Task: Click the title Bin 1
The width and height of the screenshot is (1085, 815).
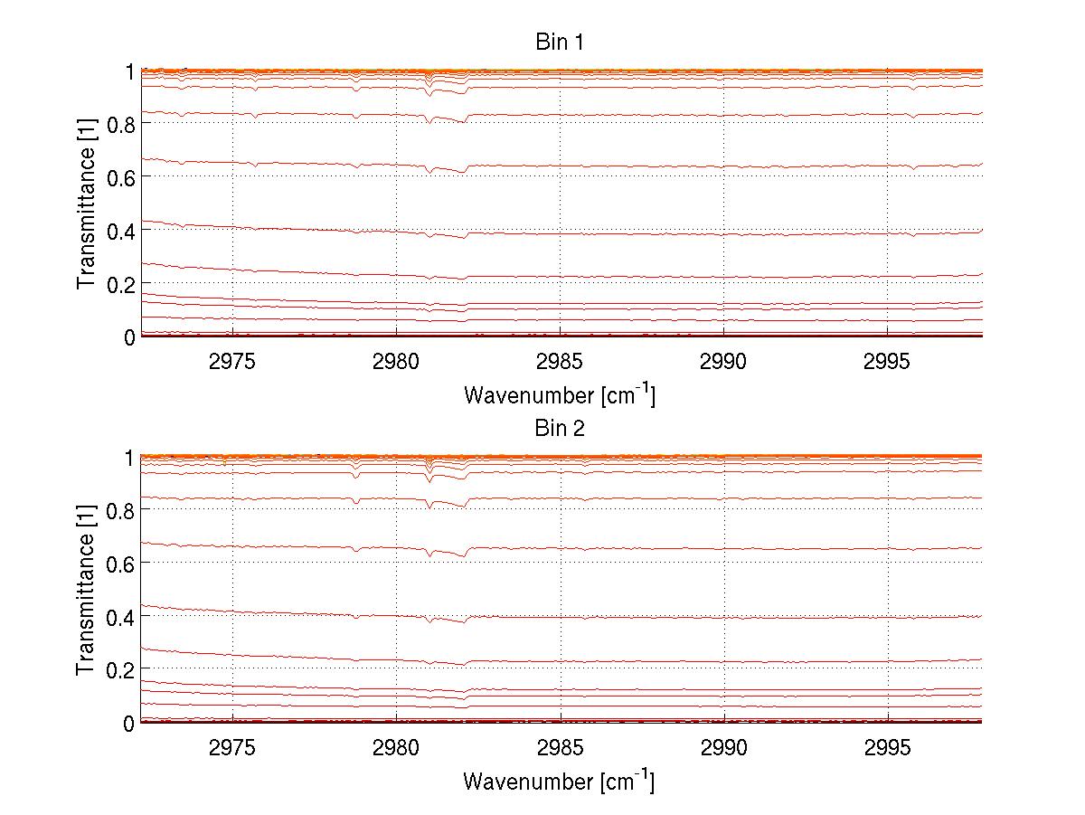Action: [560, 43]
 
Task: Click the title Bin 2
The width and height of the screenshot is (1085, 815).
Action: [560, 429]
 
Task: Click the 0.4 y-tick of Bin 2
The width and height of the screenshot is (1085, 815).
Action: [120, 617]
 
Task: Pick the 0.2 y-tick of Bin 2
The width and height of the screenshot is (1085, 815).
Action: [120, 670]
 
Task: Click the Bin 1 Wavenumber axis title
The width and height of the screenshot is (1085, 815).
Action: [560, 394]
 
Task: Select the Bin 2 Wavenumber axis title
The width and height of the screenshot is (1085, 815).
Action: [560, 781]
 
